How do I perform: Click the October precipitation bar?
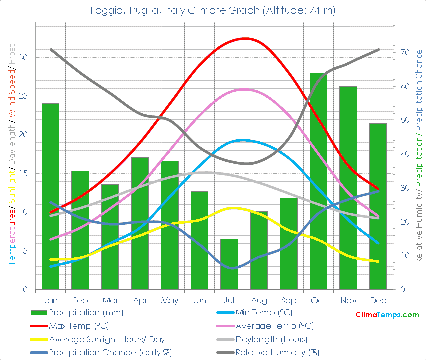coord(318,180)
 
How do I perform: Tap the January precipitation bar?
coord(50,196)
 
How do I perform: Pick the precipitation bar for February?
coord(80,230)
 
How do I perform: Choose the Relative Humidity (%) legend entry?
coord(277,352)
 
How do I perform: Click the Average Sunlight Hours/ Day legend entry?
coord(107,339)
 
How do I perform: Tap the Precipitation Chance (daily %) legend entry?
coord(110,352)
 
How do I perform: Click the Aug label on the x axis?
coord(259,300)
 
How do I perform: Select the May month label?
coord(170,300)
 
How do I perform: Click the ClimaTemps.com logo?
coord(387,315)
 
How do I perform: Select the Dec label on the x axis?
coord(378,300)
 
